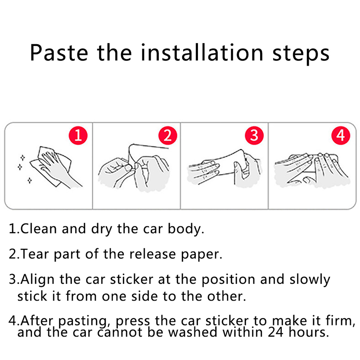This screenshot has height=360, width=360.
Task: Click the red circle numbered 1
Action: [x=78, y=135]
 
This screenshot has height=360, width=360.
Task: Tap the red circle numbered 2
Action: [x=167, y=135]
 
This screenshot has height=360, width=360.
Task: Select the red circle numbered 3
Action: [x=254, y=135]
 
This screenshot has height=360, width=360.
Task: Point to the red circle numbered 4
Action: [x=341, y=135]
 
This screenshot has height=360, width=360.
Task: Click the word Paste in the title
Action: [x=59, y=53]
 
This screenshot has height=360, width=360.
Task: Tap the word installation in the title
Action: [x=202, y=52]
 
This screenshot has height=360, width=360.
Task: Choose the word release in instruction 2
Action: [x=153, y=254]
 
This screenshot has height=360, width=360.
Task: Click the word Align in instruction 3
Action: [x=38, y=280]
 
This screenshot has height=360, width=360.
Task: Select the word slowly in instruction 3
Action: [x=310, y=280]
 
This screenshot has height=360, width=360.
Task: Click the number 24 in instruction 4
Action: [x=275, y=332]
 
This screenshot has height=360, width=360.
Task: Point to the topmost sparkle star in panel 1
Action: [x=22, y=158]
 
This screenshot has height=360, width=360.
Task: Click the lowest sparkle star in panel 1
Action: [x=30, y=180]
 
